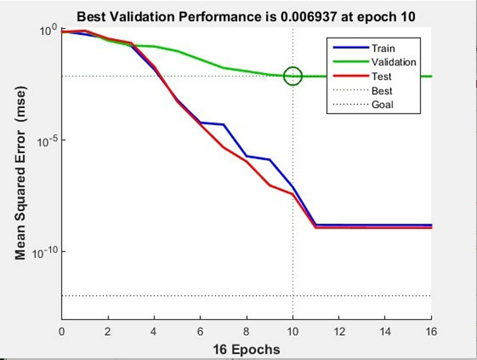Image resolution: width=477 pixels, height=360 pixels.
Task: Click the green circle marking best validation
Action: tap(293, 76)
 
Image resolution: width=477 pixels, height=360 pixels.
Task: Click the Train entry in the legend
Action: tap(383, 48)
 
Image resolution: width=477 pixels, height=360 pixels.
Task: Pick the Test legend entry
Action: tap(381, 76)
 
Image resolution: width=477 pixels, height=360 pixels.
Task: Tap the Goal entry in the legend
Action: tap(382, 105)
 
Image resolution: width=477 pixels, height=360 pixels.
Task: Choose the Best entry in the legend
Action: tap(382, 91)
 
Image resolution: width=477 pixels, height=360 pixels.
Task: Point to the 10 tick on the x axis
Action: tap(293, 331)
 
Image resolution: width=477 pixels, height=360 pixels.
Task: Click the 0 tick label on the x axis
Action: tap(62, 331)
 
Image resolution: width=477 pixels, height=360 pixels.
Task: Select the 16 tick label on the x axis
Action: tap(431, 331)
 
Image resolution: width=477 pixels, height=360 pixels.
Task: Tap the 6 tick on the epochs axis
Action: tap(200, 331)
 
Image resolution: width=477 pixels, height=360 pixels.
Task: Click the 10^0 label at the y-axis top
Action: tap(48, 31)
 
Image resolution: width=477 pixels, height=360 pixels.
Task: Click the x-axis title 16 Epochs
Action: tap(246, 349)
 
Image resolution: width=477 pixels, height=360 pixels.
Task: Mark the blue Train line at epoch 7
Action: tap(223, 125)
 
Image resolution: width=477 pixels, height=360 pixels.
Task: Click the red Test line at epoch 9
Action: tap(270, 185)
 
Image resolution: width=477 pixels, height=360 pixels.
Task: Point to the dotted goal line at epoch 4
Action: tap(154, 296)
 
